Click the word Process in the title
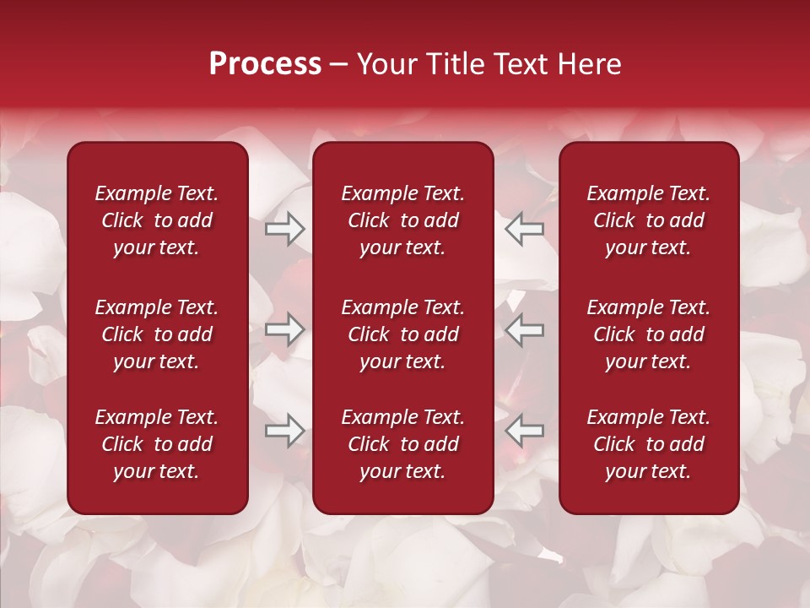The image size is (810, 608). (265, 64)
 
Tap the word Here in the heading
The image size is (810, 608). (589, 64)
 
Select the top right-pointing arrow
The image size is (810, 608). (285, 229)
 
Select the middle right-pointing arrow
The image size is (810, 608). (285, 329)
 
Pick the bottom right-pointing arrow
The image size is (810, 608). (285, 431)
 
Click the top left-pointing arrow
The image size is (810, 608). (524, 229)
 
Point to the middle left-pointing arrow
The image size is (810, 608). (524, 329)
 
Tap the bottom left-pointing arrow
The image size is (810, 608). (524, 431)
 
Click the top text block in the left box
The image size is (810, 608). (157, 220)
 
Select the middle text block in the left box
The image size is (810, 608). (157, 334)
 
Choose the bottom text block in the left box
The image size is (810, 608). (157, 444)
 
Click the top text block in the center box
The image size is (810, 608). (402, 220)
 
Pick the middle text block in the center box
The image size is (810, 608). (402, 334)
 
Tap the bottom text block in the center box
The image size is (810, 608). (402, 444)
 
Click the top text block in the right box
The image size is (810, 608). (648, 220)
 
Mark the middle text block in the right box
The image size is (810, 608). (648, 334)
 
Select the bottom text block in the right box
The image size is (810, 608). (648, 444)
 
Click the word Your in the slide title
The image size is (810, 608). (386, 64)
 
